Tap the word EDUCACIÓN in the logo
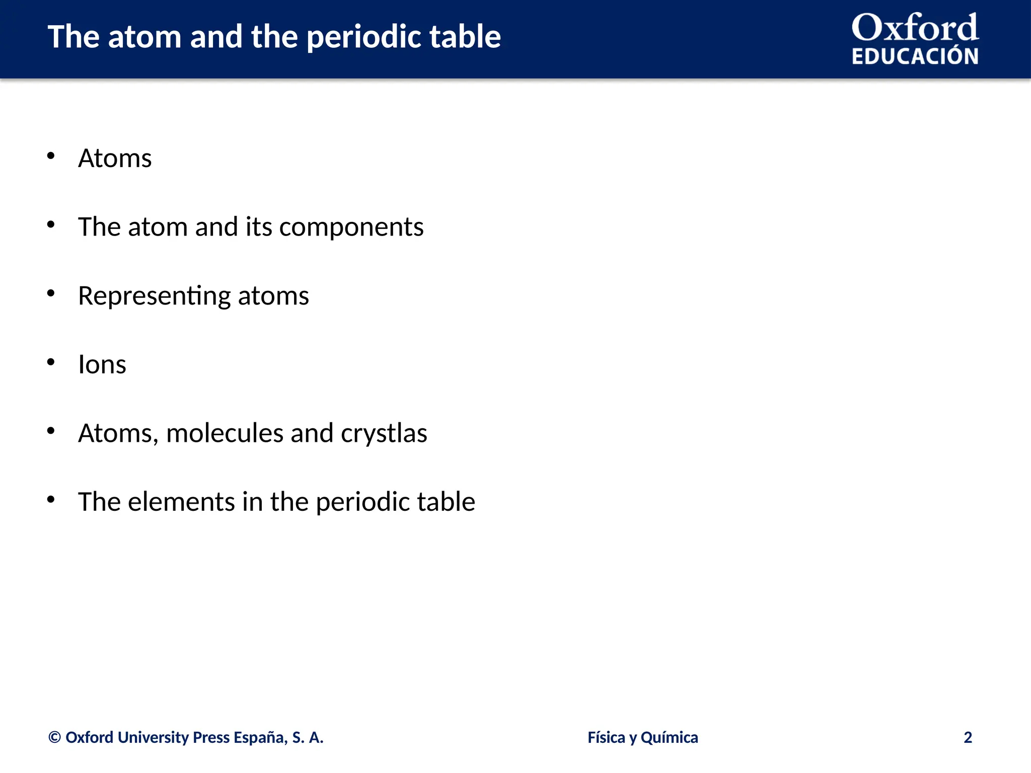coord(915,56)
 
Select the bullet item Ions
coord(102,364)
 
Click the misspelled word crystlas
coord(384,433)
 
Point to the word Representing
coord(154,296)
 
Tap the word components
coord(351,227)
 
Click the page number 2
coord(968,737)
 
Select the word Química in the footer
coord(669,737)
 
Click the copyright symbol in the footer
coord(54,738)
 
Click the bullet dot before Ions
coord(51,362)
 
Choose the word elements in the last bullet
coord(181,502)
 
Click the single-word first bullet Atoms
coord(115,159)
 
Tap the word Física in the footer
coord(606,737)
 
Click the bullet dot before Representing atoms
coord(51,293)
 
